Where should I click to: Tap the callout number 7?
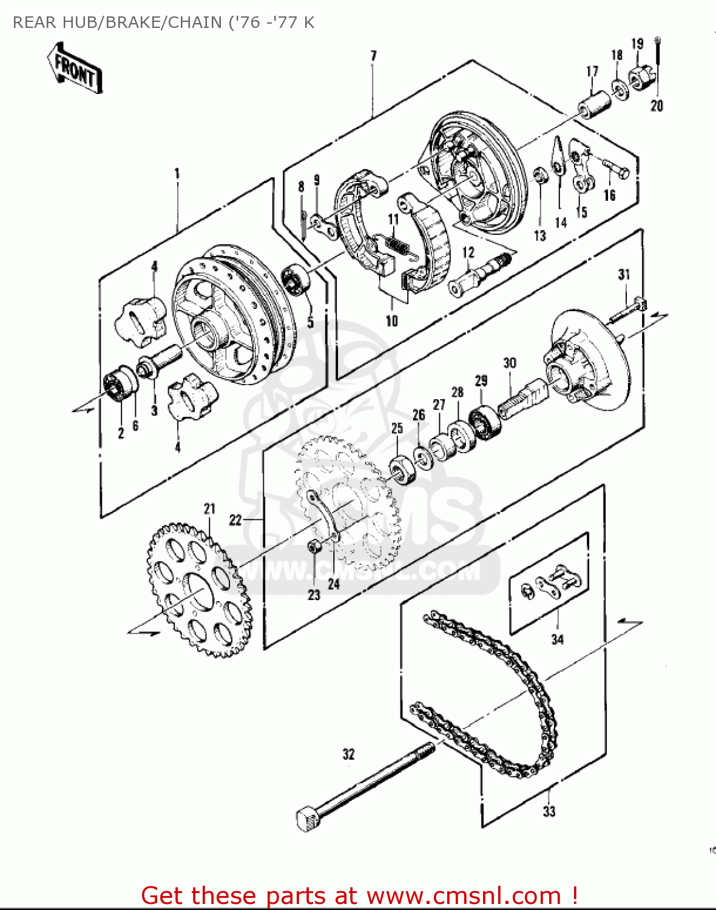pos(373,56)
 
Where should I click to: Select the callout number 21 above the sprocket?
pos(209,508)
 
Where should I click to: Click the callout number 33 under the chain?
pos(549,811)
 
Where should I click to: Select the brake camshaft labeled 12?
pos(479,273)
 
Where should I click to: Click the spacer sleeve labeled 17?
pos(593,104)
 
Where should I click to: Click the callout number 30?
pos(510,363)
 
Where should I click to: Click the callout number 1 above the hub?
pos(177,174)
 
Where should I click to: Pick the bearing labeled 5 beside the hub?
pos(297,278)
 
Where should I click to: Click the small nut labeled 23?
pos(314,547)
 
